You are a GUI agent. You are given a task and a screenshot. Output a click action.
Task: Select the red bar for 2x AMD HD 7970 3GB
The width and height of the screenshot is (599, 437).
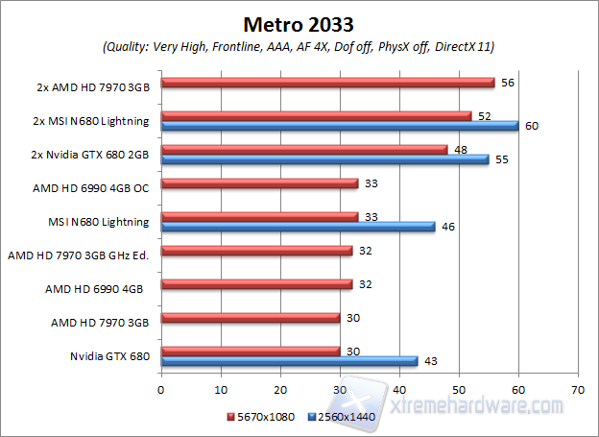pos(327,83)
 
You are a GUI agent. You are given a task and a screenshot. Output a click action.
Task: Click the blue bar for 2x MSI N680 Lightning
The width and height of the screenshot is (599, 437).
pos(339,126)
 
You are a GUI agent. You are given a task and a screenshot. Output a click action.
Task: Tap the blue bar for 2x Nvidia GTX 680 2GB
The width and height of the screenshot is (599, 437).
pos(324,159)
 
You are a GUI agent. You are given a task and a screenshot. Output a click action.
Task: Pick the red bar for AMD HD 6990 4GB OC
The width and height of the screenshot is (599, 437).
pos(259,183)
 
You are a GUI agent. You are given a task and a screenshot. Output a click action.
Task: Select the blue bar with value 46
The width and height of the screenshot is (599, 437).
pos(298,227)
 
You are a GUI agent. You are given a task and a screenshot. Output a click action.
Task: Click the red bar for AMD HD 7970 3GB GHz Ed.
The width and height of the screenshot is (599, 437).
pos(256,251)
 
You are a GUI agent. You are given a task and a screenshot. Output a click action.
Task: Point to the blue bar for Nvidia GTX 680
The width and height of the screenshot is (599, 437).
pos(289,361)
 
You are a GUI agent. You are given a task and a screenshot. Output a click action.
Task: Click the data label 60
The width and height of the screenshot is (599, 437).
pos(532,126)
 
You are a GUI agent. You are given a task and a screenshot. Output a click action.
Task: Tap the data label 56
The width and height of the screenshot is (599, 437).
pos(508,83)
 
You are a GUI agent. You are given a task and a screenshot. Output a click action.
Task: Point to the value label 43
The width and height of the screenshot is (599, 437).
pos(431,361)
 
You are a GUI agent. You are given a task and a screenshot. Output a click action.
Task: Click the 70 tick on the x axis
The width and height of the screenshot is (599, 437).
pos(577,390)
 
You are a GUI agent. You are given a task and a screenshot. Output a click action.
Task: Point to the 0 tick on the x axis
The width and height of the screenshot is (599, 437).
pos(161,390)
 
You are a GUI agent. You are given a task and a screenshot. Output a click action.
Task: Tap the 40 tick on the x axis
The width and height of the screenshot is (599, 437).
pos(398,390)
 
